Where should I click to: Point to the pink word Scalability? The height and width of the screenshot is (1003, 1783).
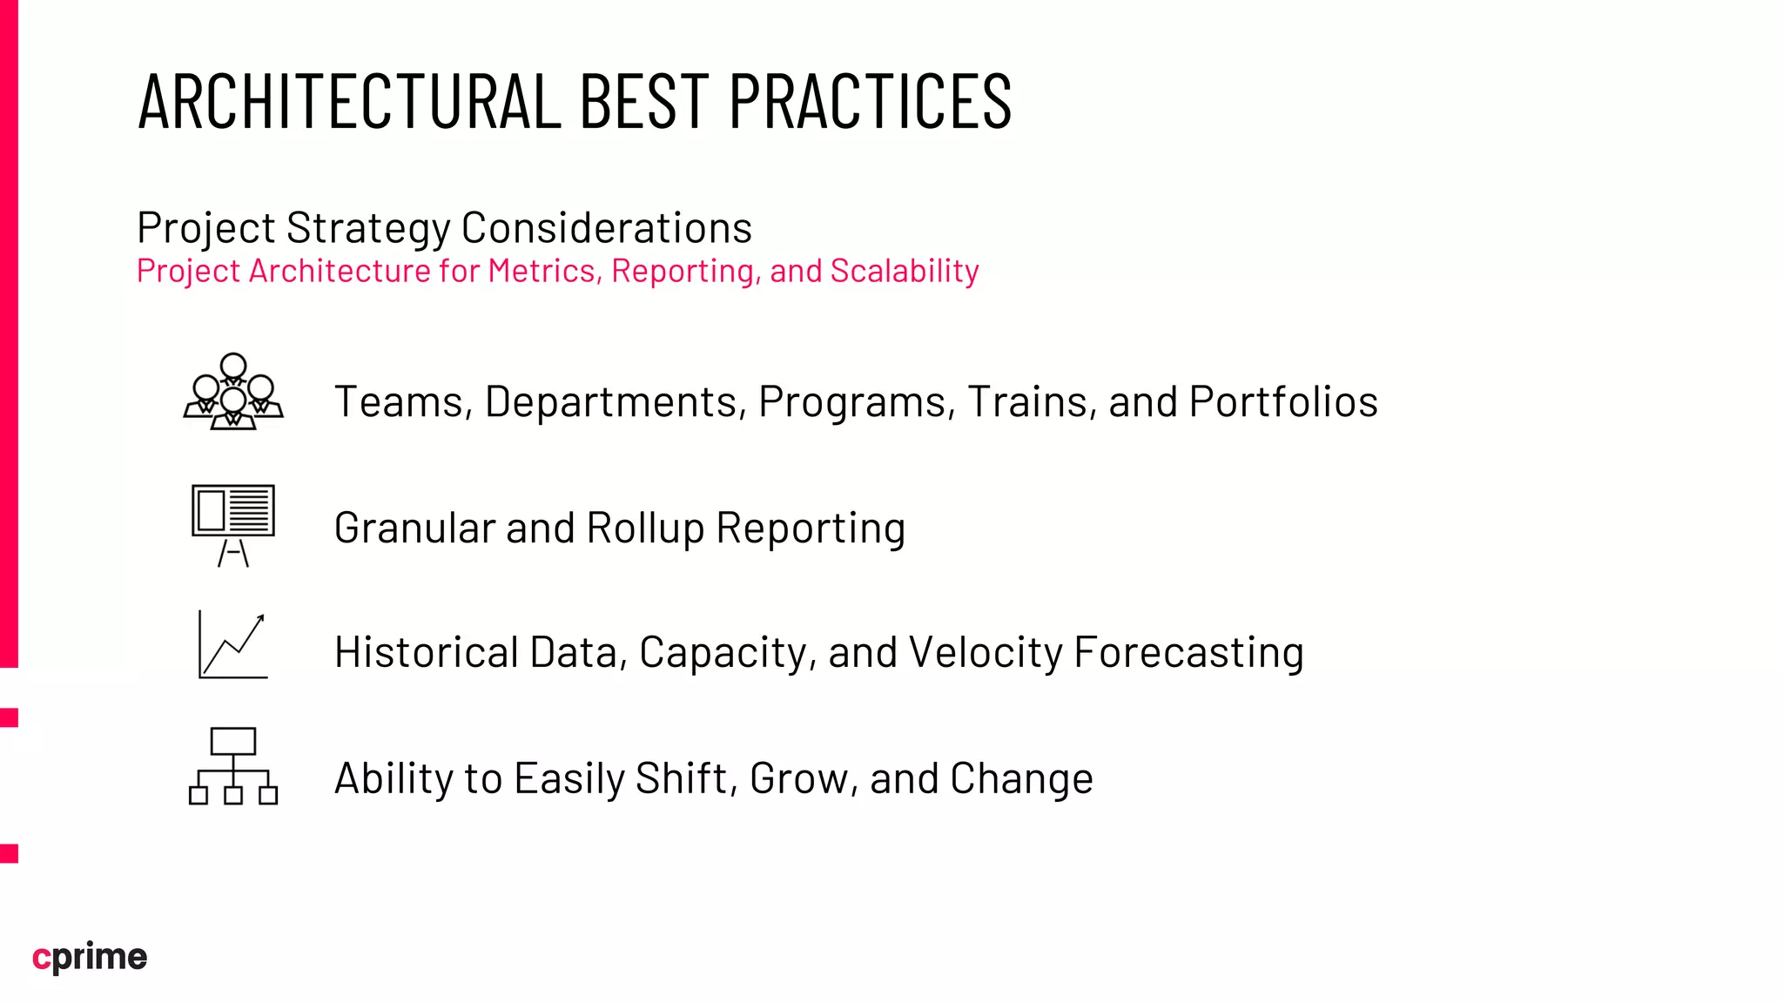[905, 272]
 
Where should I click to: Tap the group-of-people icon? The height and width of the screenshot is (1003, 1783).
[233, 392]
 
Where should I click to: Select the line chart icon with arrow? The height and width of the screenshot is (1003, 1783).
[232, 645]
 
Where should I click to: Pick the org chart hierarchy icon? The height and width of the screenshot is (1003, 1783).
[233, 766]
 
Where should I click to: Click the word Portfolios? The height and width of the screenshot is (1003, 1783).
[1283, 402]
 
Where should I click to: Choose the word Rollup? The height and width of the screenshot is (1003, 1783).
[645, 528]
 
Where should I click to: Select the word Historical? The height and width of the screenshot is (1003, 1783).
[427, 653]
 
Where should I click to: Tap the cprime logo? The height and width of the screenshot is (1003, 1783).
[90, 957]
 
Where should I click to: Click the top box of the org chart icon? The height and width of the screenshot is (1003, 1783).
[233, 741]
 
